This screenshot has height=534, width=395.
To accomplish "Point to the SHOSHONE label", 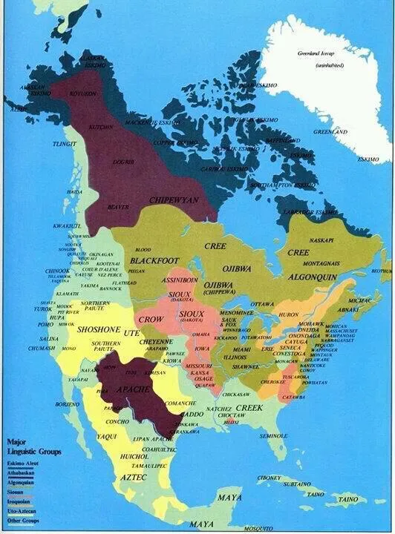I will [x=99, y=330].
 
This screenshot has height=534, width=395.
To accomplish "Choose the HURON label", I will [x=289, y=314].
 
